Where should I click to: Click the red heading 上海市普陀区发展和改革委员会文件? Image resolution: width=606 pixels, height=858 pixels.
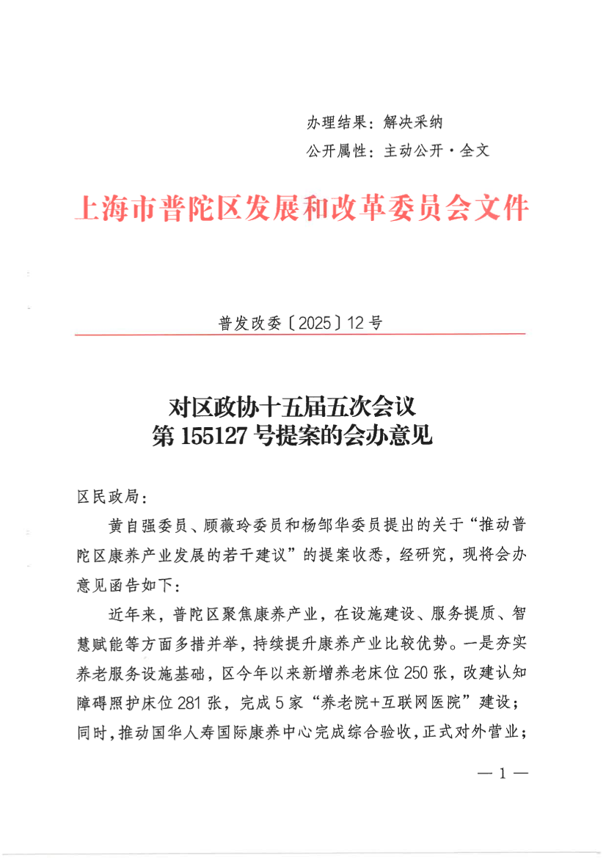(302, 210)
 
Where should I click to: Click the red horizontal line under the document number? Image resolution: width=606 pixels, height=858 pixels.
(301, 335)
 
